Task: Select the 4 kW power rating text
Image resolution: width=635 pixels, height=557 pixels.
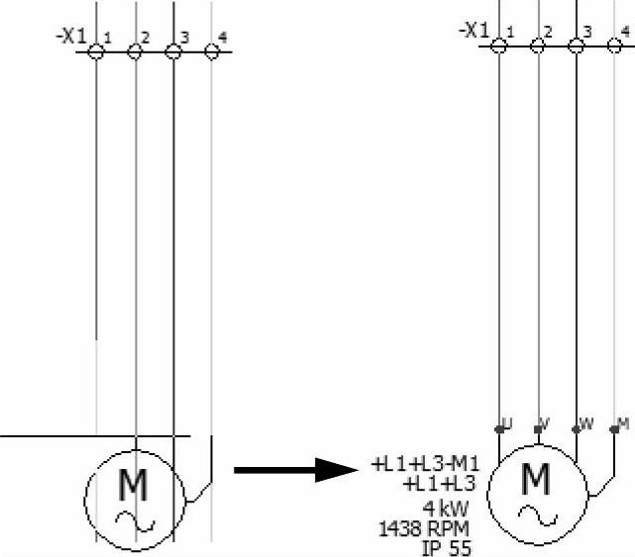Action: tap(447, 508)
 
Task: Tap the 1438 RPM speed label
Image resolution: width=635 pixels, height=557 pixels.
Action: tap(425, 529)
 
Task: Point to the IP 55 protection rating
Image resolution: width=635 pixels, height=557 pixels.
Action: tap(447, 547)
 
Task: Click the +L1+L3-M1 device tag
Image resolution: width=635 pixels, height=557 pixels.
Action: tap(425, 465)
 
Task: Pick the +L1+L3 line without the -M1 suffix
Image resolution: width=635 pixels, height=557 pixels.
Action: tap(440, 484)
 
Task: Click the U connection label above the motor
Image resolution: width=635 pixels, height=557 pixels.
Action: tap(507, 424)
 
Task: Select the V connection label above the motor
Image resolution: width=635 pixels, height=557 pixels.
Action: tap(544, 424)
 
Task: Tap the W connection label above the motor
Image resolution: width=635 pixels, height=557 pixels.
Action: tap(584, 424)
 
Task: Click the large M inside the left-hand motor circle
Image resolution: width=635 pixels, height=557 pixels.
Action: tap(134, 484)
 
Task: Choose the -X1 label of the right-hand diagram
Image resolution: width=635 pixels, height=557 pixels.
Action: tap(474, 31)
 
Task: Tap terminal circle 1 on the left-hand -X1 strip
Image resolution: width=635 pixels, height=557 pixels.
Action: tap(96, 49)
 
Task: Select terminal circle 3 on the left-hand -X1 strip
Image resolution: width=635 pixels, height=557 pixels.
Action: tap(172, 49)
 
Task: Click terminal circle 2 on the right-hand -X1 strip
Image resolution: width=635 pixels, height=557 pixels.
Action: tap(538, 44)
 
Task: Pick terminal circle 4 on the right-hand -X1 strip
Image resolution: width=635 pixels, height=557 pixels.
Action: tap(614, 44)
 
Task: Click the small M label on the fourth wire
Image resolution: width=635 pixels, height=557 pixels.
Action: tap(622, 424)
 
